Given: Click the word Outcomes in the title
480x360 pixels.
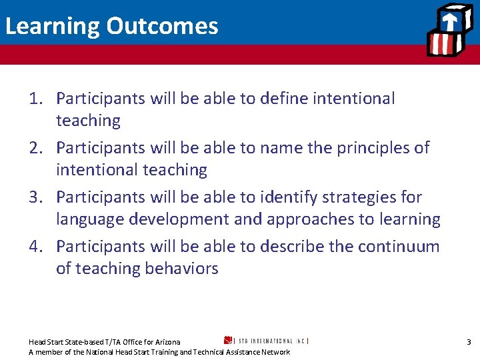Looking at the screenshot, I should point(163,26).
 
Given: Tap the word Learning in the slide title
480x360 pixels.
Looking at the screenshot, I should point(52,27).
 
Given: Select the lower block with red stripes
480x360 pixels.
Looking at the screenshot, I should point(442,44).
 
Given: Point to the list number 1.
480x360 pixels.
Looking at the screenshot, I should point(37,99).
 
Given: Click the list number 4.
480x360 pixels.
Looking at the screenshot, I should point(37,247).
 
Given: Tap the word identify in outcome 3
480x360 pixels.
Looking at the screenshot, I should point(289,197).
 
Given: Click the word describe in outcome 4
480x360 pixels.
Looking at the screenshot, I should point(291,247).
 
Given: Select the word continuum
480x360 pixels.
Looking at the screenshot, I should point(399,247).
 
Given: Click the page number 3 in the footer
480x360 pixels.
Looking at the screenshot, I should point(469,342).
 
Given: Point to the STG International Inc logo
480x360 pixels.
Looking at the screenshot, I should point(266,340).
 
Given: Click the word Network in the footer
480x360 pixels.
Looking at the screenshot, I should point(275,352).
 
